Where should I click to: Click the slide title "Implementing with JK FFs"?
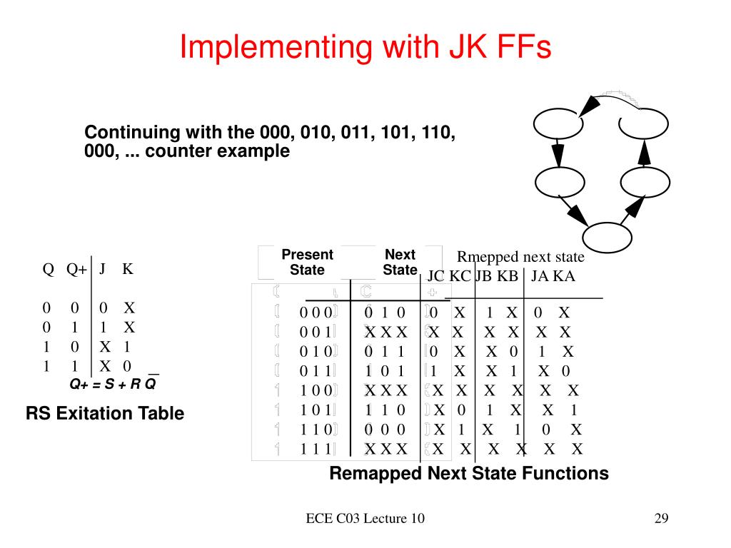click(x=365, y=47)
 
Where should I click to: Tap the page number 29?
click(x=660, y=519)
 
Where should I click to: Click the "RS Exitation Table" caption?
click(x=105, y=413)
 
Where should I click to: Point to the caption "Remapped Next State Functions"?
click(x=469, y=473)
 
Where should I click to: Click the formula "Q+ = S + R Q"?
click(x=113, y=384)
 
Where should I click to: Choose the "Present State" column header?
click(x=307, y=263)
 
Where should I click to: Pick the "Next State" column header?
click(x=400, y=263)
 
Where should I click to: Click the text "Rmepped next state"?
click(x=520, y=257)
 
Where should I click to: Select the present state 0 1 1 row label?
click(x=316, y=371)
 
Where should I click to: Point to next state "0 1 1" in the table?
click(x=385, y=352)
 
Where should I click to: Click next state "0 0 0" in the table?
click(x=385, y=430)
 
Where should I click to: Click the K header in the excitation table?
click(x=127, y=269)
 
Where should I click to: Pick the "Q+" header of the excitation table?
click(x=76, y=269)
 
